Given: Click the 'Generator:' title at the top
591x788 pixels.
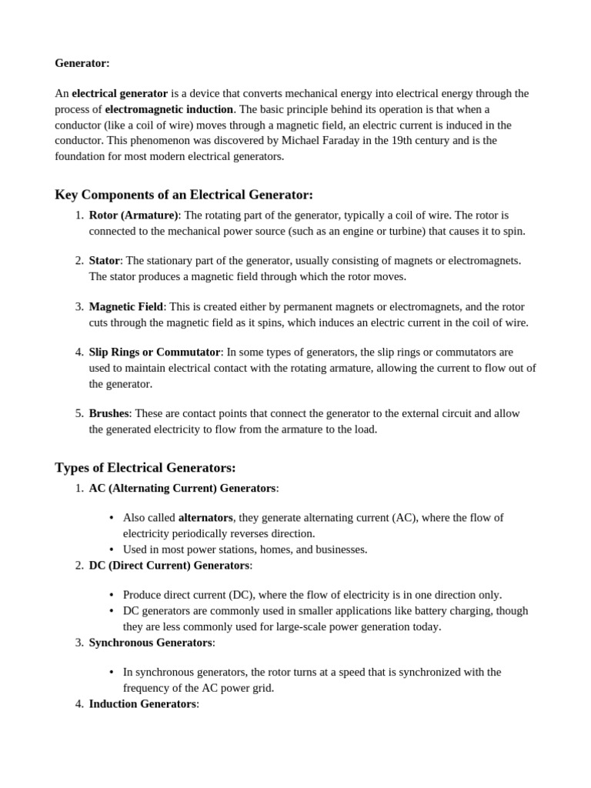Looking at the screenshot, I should [x=82, y=63].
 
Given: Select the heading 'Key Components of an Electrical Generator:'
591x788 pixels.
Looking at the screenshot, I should [x=184, y=195].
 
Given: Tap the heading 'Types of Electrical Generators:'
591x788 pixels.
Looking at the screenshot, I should [x=145, y=468].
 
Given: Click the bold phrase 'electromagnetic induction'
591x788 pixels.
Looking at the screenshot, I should [x=169, y=109].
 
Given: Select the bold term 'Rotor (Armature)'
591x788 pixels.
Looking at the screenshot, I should [x=133, y=215].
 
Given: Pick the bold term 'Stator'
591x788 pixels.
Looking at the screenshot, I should [x=105, y=261].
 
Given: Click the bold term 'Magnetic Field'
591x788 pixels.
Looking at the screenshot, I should [x=126, y=306].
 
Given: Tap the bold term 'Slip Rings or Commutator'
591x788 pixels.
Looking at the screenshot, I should [x=155, y=352].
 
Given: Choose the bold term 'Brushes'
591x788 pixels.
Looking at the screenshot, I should [x=109, y=413].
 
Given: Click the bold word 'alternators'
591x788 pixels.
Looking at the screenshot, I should [x=205, y=518].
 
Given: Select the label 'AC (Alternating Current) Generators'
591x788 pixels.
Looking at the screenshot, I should [x=182, y=488].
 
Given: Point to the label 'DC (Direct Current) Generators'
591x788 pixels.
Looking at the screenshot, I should [x=169, y=566].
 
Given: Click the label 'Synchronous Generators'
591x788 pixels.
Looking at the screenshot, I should [x=150, y=643].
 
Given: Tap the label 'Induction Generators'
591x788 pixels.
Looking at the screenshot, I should [x=142, y=704].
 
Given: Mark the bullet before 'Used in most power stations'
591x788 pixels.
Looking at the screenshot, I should [x=112, y=549].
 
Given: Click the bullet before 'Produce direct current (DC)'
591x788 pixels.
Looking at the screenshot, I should [x=112, y=595].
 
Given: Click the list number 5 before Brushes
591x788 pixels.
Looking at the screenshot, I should [x=79, y=413].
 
